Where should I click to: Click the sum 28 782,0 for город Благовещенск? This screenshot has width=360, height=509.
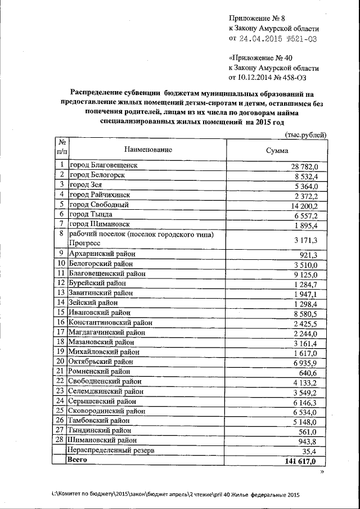tap(305, 166)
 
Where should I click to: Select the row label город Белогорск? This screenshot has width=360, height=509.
tap(96, 175)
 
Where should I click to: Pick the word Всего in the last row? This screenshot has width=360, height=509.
tap(78, 460)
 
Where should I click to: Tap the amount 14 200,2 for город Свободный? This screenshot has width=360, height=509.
tap(305, 205)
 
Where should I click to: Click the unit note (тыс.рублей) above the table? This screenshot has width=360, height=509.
tap(303, 134)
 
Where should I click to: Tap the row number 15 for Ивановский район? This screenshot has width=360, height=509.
tap(60, 312)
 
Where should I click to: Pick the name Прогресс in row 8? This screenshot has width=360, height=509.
tap(84, 243)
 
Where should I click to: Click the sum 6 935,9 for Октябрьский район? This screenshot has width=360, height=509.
tap(305, 362)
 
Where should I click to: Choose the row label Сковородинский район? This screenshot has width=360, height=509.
tap(104, 411)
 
